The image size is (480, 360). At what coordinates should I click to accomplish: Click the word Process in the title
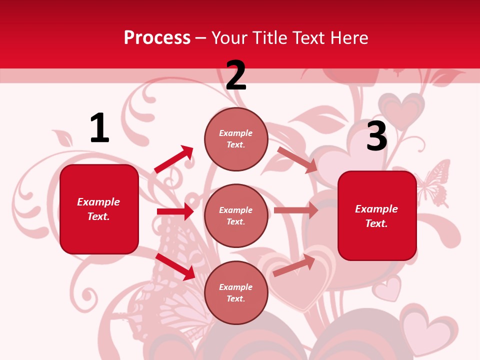[x=157, y=38]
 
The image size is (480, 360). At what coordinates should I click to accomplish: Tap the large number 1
[x=99, y=128]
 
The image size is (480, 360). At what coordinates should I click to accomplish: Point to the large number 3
[x=376, y=136]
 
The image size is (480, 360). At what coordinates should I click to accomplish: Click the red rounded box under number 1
[x=99, y=209]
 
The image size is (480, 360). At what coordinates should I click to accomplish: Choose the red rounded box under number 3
[x=377, y=215]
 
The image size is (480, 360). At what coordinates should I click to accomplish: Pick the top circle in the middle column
[x=236, y=139]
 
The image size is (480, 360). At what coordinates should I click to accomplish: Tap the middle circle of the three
[x=236, y=215]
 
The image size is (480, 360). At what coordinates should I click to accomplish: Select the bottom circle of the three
[x=236, y=292]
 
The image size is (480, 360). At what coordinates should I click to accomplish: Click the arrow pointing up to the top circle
[x=174, y=159]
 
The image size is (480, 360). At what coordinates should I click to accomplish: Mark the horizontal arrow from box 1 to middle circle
[x=175, y=211]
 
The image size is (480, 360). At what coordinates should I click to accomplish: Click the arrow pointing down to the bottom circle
[x=175, y=266]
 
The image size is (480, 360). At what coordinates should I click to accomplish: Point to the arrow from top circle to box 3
[x=297, y=159]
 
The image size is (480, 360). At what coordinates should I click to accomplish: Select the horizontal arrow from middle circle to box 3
[x=296, y=210]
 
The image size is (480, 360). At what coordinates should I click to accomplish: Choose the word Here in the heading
[x=349, y=38]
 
